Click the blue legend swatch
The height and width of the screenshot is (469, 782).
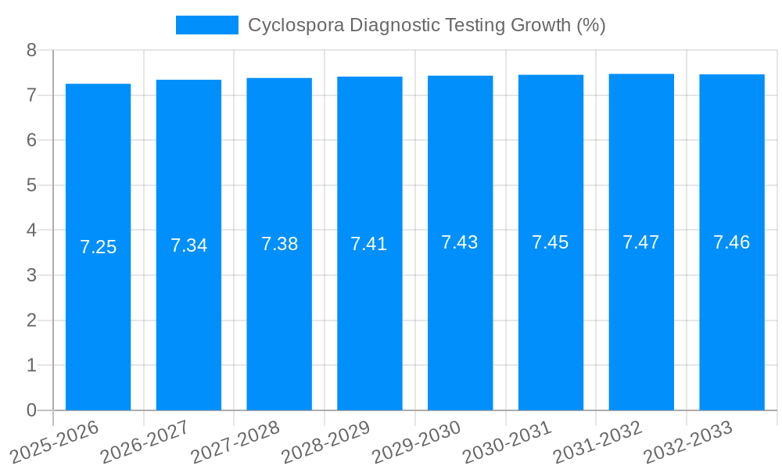[x=207, y=25]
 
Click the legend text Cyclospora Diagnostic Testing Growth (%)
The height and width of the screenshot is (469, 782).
[x=426, y=25]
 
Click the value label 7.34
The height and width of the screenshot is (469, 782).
[x=188, y=245]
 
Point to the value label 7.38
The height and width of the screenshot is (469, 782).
[x=279, y=244]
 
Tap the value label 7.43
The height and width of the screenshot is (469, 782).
[x=460, y=242]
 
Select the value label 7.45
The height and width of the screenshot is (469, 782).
[x=551, y=242]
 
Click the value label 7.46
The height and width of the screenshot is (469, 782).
[x=732, y=242]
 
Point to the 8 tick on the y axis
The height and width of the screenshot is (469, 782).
[x=31, y=50]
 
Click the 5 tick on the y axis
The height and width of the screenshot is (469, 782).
[x=31, y=185]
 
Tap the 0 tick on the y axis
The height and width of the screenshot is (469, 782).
[x=31, y=410]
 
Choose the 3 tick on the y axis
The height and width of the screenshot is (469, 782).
[x=31, y=275]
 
